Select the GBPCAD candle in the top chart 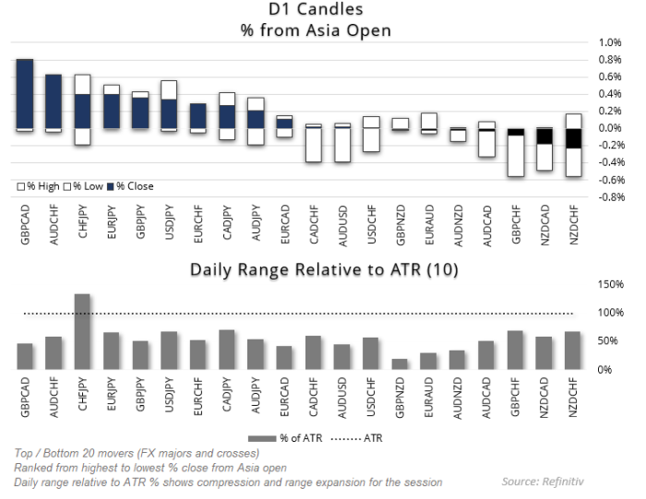pos(25,94)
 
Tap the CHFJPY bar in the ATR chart pos(83,331)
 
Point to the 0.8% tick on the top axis pos(610,60)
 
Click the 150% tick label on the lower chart pos(611,284)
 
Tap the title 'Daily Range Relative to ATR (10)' pos(323,269)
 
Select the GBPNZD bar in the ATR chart pos(400,363)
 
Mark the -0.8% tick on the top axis pos(610,197)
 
